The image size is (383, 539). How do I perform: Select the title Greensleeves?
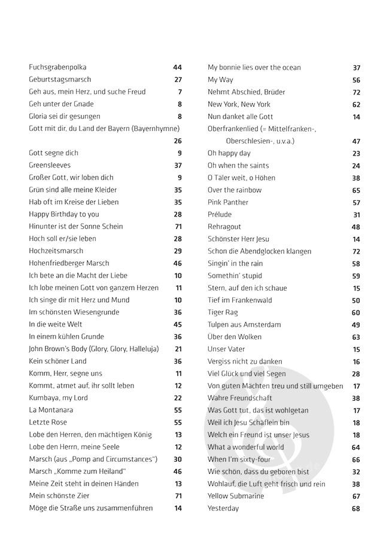[x=50, y=165]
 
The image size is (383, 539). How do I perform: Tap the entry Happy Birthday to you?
[x=64, y=214]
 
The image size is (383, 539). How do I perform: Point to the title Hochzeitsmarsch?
[x=56, y=251]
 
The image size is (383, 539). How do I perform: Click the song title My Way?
[x=220, y=80]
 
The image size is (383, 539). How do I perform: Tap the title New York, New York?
[x=239, y=104]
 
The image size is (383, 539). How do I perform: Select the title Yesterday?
[x=223, y=508]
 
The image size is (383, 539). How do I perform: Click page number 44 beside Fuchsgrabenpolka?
[x=177, y=68]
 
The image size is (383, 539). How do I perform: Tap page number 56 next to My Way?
[x=356, y=80]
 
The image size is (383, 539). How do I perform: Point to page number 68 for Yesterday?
[x=356, y=508]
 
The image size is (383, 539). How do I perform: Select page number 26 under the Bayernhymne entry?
[x=177, y=141]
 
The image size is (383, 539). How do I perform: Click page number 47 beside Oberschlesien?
[x=356, y=141]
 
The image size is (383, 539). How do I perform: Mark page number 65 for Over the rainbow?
[x=356, y=190]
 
